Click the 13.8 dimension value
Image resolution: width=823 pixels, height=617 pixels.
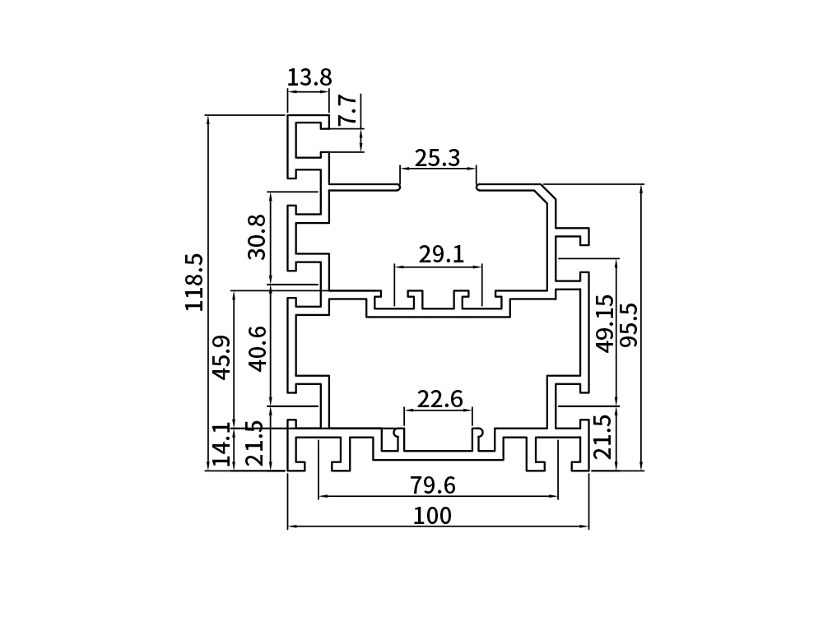309,78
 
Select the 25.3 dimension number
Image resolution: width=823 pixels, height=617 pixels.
437,158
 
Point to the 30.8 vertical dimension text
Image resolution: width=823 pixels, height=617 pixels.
257,237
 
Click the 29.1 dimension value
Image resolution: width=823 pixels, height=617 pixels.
440,255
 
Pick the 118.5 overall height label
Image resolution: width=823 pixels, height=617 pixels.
195,281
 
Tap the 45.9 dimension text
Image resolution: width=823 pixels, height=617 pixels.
221,357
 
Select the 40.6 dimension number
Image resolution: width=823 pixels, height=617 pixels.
257,348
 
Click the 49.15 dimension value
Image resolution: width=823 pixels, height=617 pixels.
605,323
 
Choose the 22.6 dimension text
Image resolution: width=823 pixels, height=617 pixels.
439,400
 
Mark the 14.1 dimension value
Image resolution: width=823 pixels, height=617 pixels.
221,445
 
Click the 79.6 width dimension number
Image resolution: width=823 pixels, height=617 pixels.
433,485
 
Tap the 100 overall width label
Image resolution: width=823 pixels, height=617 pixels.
433,516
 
